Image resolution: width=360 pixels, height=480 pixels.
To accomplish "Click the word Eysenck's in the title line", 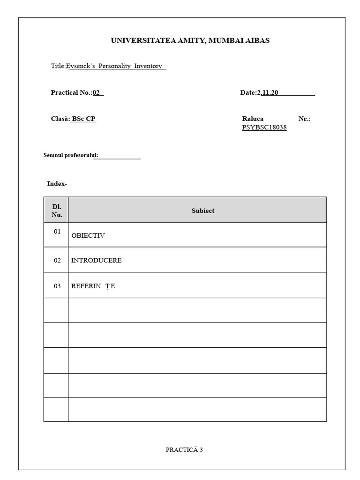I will (81, 66).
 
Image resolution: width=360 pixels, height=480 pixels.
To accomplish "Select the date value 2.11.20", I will (268, 93).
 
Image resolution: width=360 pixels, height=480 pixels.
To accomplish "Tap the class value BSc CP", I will (83, 119).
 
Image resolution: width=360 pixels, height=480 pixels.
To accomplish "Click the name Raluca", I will (253, 119).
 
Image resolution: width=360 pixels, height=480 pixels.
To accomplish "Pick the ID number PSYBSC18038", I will (264, 127).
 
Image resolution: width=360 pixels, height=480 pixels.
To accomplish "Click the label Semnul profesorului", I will (71, 155).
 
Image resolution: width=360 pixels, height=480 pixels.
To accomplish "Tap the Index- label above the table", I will (57, 184).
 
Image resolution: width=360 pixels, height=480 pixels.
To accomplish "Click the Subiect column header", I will (203, 211).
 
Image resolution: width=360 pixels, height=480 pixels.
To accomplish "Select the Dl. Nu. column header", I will (57, 211).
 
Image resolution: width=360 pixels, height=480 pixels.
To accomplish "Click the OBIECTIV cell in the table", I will (88, 235).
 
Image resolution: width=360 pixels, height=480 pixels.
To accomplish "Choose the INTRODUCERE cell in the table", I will (97, 261).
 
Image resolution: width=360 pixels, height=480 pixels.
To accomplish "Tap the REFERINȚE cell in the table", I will (93, 286).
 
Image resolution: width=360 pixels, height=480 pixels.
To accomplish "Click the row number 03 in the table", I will (57, 286).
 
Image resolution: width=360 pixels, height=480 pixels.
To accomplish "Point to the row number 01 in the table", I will (57, 232).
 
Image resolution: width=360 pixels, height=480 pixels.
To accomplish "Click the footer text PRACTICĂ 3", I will (184, 450).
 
